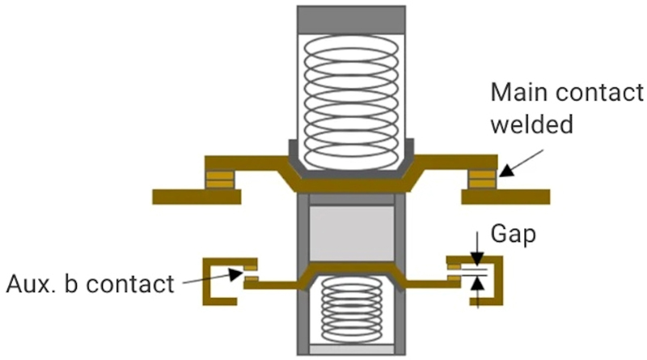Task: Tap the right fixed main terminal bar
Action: [x=505, y=196]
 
